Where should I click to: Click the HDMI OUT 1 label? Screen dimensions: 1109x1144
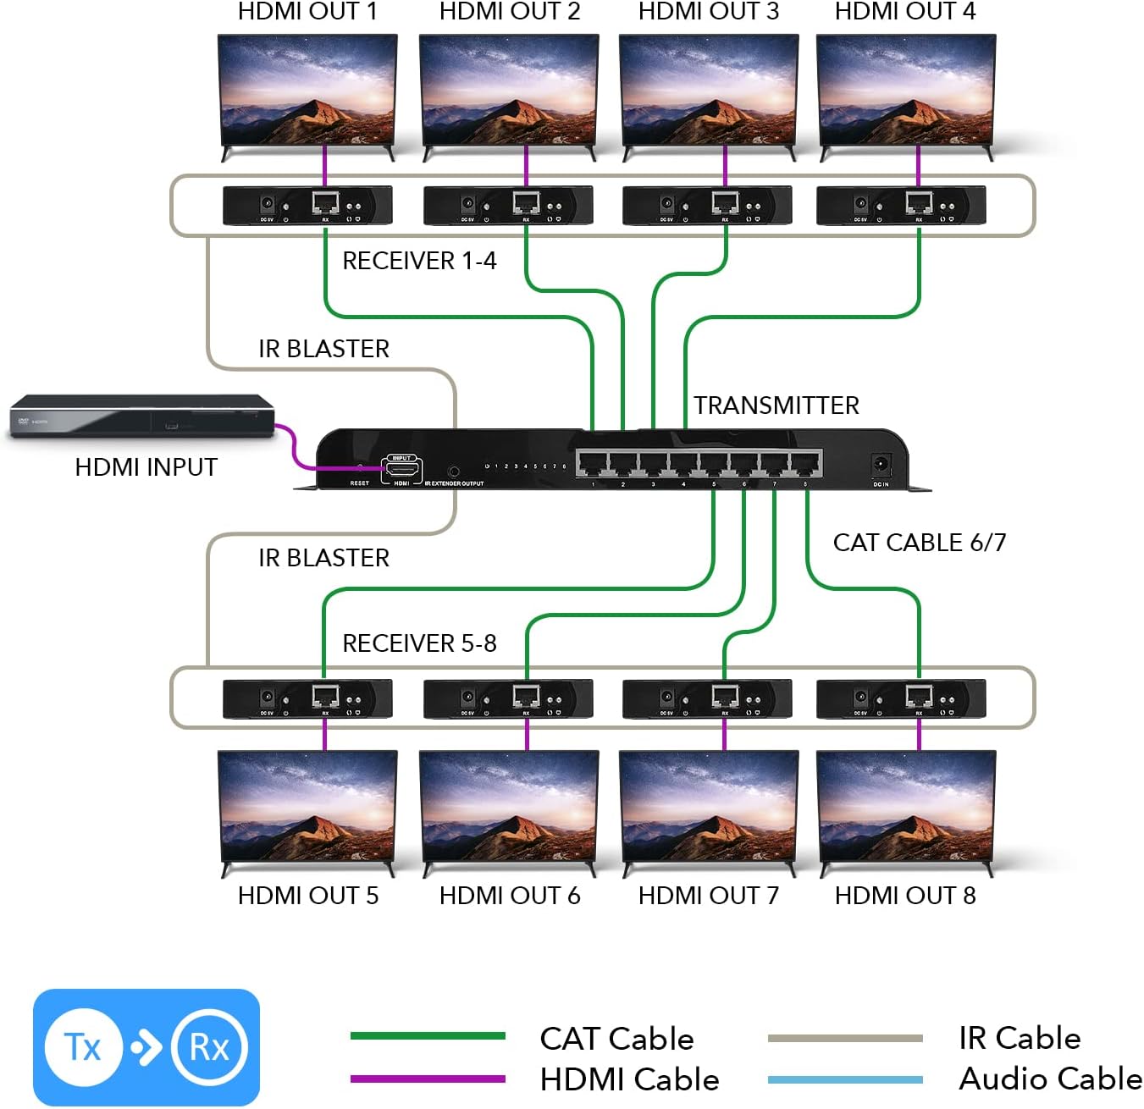[x=307, y=12]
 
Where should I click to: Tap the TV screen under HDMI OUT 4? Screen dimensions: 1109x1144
[x=905, y=91]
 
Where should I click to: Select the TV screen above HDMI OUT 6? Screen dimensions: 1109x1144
[x=509, y=806]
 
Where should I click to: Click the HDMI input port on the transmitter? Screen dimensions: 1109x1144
[x=401, y=469]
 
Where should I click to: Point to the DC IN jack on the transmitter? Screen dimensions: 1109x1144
[x=881, y=465]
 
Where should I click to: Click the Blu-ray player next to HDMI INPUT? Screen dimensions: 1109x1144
[x=141, y=417]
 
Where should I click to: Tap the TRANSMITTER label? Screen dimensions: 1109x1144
[x=776, y=406]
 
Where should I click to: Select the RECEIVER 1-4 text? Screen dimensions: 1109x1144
[x=419, y=261]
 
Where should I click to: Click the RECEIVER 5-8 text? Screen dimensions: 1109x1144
[x=419, y=643]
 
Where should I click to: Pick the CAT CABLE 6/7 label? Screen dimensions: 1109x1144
[x=919, y=543]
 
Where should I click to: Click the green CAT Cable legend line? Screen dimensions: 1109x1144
[x=428, y=1036]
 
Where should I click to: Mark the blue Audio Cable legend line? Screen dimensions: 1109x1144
[x=845, y=1079]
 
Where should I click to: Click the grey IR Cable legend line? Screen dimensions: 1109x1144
[x=845, y=1038]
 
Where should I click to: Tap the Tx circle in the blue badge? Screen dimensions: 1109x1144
[x=83, y=1048]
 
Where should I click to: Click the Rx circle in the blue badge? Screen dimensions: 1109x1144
[x=208, y=1048]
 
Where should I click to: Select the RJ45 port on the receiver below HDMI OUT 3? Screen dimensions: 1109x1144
[x=725, y=203]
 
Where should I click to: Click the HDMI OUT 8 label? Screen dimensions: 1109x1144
[x=904, y=896]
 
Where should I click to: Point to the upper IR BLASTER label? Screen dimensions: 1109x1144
[x=323, y=349]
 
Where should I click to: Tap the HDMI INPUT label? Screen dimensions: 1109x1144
[x=146, y=467]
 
